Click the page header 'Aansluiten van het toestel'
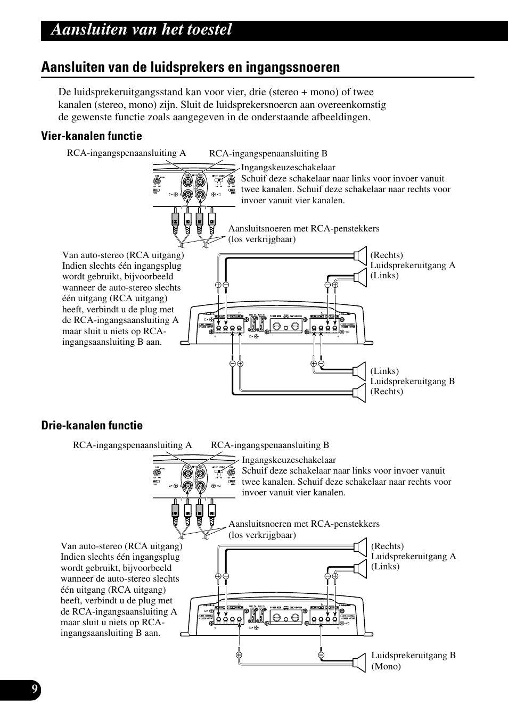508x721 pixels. [x=142, y=30]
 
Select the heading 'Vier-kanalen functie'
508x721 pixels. [x=92, y=136]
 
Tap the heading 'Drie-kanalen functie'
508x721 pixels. [x=92, y=425]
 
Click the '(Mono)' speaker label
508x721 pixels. [x=386, y=666]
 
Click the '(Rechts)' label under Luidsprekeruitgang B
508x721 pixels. [x=387, y=391]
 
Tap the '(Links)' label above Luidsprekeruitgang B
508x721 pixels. [x=384, y=371]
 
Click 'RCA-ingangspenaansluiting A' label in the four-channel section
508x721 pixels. [x=126, y=153]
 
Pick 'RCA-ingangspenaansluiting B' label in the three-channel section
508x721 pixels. [x=270, y=445]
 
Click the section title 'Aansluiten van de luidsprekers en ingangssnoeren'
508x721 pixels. [x=191, y=67]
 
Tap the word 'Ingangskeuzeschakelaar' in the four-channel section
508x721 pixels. [x=288, y=168]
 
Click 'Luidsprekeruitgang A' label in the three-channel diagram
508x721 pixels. [x=414, y=556]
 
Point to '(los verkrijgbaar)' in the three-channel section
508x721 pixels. [x=263, y=535]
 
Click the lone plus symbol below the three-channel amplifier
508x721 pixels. [x=239, y=654]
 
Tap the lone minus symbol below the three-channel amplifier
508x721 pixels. [x=322, y=654]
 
